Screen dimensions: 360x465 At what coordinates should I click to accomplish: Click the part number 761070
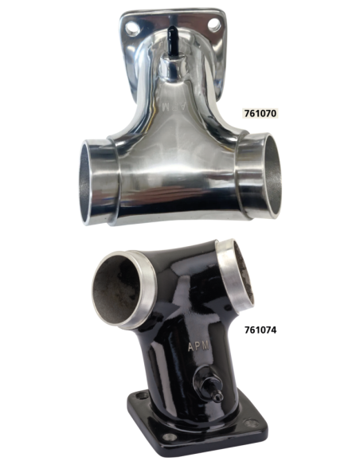point(260,113)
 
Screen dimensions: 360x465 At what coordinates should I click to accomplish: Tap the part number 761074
point(260,330)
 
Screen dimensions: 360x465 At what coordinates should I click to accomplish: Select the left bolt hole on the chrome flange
point(131,29)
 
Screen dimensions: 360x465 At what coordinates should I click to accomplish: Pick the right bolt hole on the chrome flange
point(213,25)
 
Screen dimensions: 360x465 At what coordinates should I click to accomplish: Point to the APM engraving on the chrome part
point(174,107)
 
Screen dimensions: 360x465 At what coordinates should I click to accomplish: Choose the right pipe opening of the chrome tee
point(272,175)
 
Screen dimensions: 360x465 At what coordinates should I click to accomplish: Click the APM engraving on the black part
point(198,346)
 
